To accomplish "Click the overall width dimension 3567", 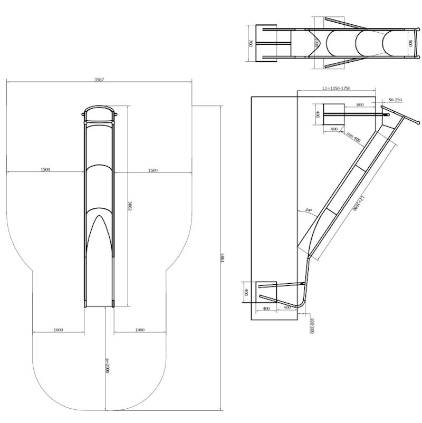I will point(99,79).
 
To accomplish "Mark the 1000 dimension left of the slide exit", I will point(58,330).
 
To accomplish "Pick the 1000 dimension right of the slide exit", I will point(140,330).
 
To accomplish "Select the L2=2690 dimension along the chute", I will point(359,202).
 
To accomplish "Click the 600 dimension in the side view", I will point(360,104).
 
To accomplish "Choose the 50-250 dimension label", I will point(395,100).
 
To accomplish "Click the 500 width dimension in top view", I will point(410,43).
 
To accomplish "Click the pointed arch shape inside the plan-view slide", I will point(99,229).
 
